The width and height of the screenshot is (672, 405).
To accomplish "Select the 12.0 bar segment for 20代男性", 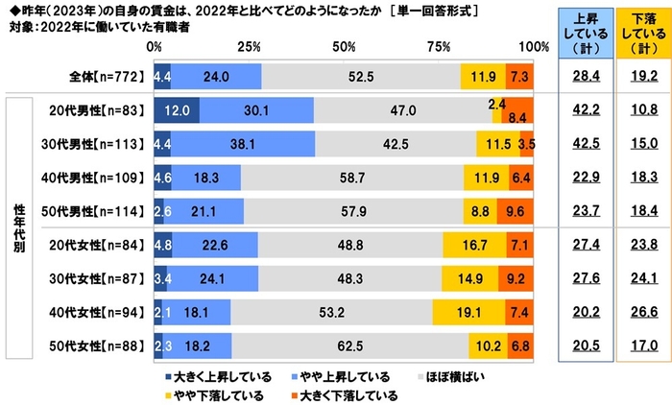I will (176, 111).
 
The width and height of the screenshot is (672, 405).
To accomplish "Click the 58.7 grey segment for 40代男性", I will (351, 179).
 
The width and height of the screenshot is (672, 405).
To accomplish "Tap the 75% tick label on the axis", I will (439, 47).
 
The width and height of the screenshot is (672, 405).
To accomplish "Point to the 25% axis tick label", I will (249, 47).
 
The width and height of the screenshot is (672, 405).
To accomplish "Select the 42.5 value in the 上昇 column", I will (579, 145).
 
